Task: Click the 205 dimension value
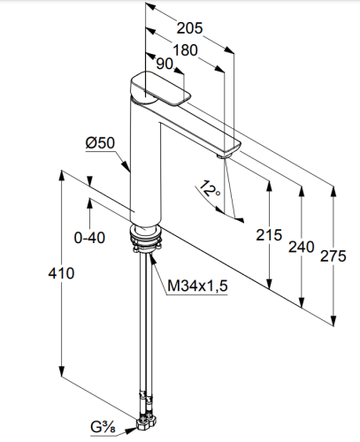(189, 28)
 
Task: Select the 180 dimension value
(185, 50)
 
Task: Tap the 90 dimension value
(165, 64)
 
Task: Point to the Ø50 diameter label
(100, 143)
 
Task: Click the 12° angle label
(210, 189)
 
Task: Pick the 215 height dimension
(269, 235)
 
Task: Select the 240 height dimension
(302, 247)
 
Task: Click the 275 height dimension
(333, 255)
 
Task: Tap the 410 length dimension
(61, 273)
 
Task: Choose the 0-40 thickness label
(89, 238)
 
